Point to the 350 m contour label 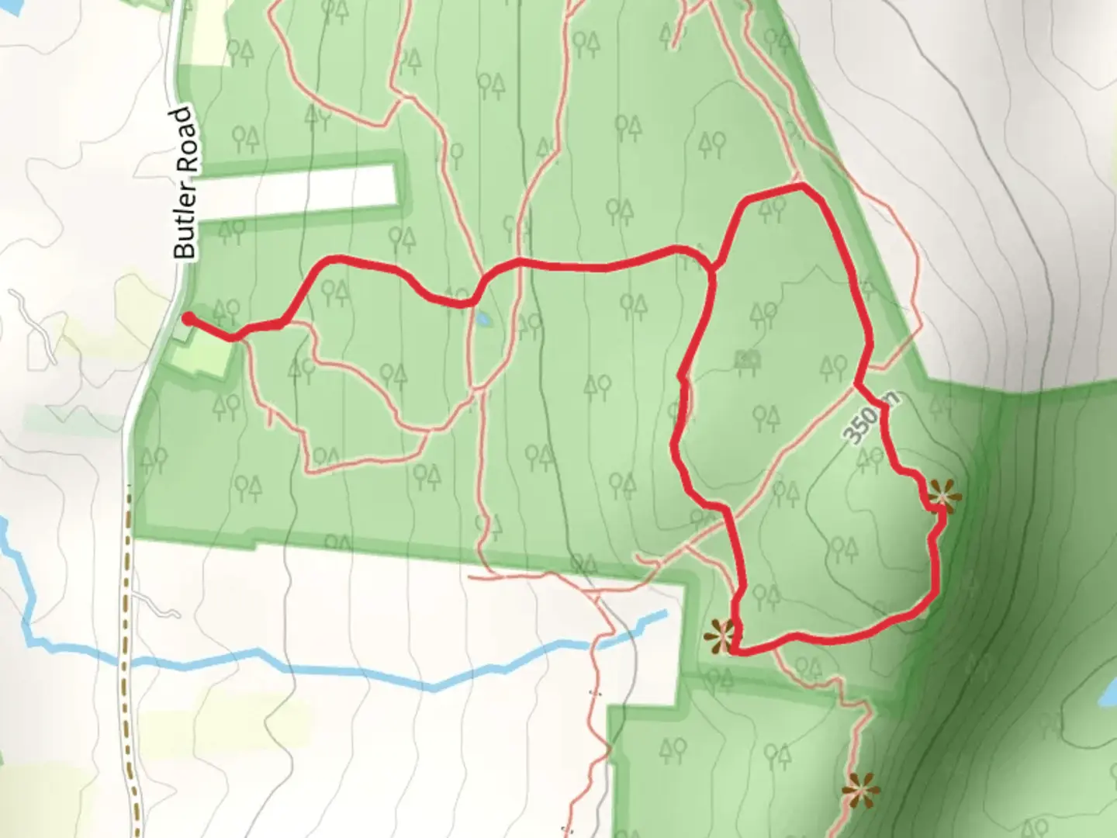[870, 418]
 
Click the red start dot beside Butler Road [188, 317]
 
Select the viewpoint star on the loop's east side [942, 495]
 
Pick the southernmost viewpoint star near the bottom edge [859, 791]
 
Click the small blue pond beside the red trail [482, 319]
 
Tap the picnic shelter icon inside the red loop [747, 358]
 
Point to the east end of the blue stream [664, 615]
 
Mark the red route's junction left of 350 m [856, 383]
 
